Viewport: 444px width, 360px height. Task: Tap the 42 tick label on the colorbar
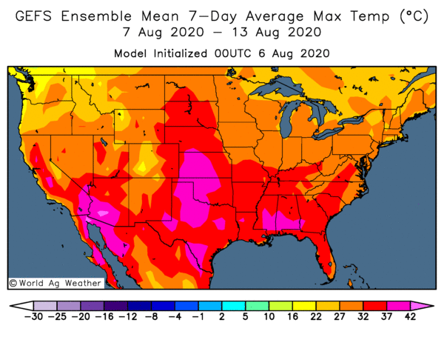[x=411, y=316]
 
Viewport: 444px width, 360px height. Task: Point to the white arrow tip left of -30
[x=20, y=305]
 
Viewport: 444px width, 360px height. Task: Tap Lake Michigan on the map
[x=289, y=119]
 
